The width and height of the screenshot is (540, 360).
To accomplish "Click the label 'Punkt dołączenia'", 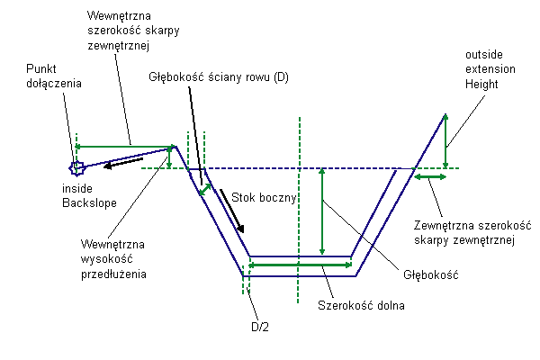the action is (54, 76).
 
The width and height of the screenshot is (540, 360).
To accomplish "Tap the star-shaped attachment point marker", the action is (76, 168).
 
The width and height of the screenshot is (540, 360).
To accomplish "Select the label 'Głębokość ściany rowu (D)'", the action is (219, 76).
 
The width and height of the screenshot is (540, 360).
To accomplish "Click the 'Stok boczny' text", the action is (264, 197).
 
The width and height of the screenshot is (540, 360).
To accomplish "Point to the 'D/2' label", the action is (260, 327).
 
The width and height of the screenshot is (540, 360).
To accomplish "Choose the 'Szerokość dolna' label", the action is (361, 305).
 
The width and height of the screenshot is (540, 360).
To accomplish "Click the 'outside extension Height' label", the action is (490, 69).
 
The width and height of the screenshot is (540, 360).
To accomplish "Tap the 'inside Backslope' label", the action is (89, 195).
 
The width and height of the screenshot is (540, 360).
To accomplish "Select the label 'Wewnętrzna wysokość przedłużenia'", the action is (113, 259).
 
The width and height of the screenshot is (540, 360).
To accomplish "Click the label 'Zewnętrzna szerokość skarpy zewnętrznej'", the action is (472, 233).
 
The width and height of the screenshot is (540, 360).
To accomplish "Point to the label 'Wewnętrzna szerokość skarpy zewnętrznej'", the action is (133, 31).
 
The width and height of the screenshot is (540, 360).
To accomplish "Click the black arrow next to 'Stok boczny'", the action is (232, 211).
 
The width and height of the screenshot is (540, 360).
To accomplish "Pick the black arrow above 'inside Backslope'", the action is (123, 163).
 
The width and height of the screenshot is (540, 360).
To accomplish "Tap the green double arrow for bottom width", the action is (300, 265).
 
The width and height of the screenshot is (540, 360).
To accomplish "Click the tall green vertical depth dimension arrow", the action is (322, 211).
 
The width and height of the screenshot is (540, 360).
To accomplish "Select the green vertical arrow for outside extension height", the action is (445, 141).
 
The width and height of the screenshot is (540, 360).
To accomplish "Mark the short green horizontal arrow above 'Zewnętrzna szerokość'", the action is (430, 177).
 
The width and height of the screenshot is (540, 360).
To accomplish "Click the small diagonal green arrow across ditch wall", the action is (205, 190).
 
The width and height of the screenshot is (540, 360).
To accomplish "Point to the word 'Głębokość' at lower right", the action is (431, 274).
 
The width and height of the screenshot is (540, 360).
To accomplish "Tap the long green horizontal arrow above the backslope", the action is (123, 147).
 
